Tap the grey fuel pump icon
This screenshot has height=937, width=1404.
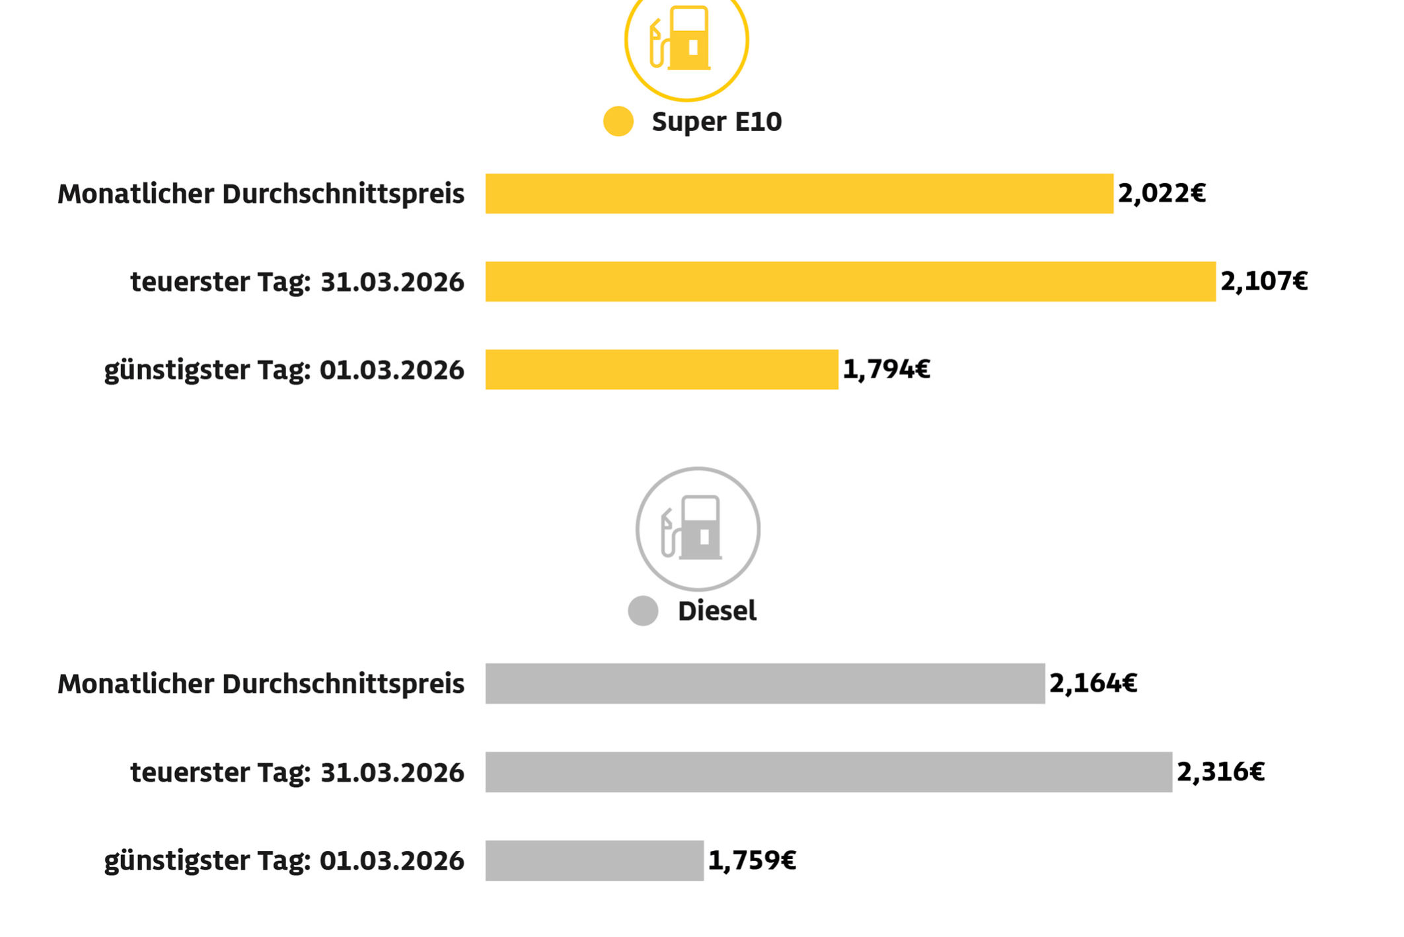click(x=698, y=529)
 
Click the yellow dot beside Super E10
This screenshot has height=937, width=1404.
click(x=618, y=122)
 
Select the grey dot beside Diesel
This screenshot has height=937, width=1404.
click(x=643, y=610)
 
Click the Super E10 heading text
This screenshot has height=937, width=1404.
click(x=716, y=122)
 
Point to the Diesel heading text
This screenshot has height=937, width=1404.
click(x=717, y=611)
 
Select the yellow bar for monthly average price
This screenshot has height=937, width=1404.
click(x=799, y=194)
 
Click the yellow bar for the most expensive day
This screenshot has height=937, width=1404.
click(x=850, y=282)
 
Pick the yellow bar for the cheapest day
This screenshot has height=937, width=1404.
click(x=661, y=370)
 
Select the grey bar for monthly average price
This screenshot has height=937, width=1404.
click(x=765, y=684)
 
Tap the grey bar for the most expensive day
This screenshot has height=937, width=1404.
click(x=829, y=772)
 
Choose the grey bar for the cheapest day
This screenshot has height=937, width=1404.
click(x=594, y=860)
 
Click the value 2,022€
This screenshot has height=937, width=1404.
click(x=1162, y=194)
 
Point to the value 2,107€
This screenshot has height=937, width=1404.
click(x=1264, y=282)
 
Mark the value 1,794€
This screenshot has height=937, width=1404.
click(x=886, y=370)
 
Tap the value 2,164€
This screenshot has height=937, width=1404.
click(x=1093, y=684)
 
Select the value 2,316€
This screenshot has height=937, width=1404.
click(x=1220, y=772)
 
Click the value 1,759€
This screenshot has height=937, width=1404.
click(x=752, y=860)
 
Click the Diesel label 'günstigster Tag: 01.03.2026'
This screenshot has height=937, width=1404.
click(x=284, y=861)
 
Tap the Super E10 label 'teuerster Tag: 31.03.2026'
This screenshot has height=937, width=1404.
click(x=297, y=282)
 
